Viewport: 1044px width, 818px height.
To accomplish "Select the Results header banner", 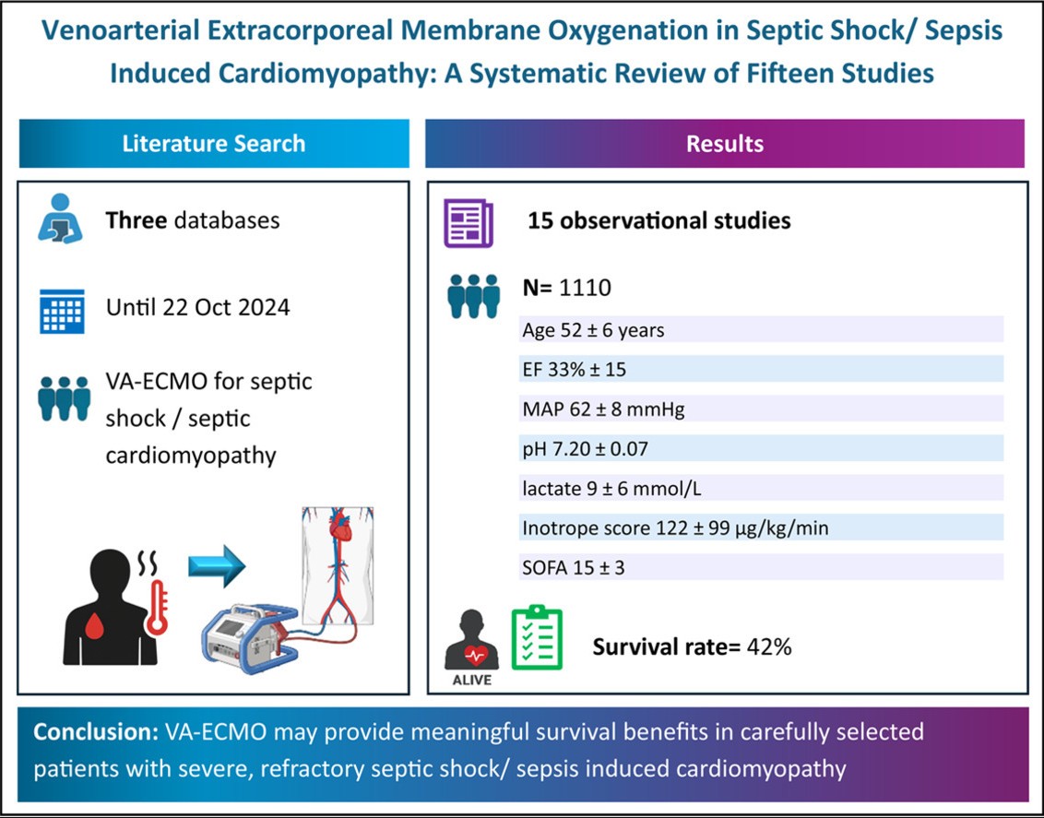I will pyautogui.click(x=725, y=144).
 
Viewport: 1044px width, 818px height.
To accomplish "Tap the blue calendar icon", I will pyautogui.click(x=62, y=311).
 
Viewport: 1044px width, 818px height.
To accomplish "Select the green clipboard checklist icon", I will pyautogui.click(x=537, y=638).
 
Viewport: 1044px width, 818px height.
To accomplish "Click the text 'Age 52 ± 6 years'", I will pyautogui.click(x=593, y=329).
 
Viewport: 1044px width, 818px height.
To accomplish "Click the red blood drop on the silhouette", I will pyautogui.click(x=96, y=623).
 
